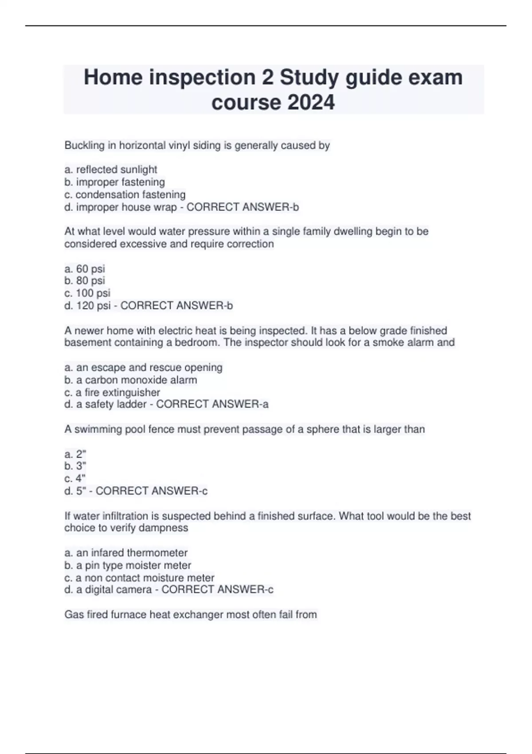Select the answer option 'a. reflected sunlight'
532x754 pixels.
pos(111,169)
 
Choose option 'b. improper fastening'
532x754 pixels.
pos(114,182)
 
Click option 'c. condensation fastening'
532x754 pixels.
pos(125,194)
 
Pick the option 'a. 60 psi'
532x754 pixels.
pos(85,269)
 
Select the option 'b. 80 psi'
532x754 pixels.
pos(85,281)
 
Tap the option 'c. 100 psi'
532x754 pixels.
pos(87,293)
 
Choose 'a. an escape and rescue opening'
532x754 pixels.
pos(143,367)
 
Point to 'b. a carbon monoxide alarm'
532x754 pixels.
pos(131,380)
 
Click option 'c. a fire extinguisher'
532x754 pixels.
pos(112,392)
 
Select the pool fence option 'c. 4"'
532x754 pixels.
pos(75,479)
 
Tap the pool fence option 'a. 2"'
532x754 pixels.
pos(75,454)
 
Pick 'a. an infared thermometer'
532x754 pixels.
pos(126,553)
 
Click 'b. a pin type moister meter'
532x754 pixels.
pos(128,565)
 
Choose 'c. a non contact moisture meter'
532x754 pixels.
pos(139,577)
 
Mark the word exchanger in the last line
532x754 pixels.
pos(197,615)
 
